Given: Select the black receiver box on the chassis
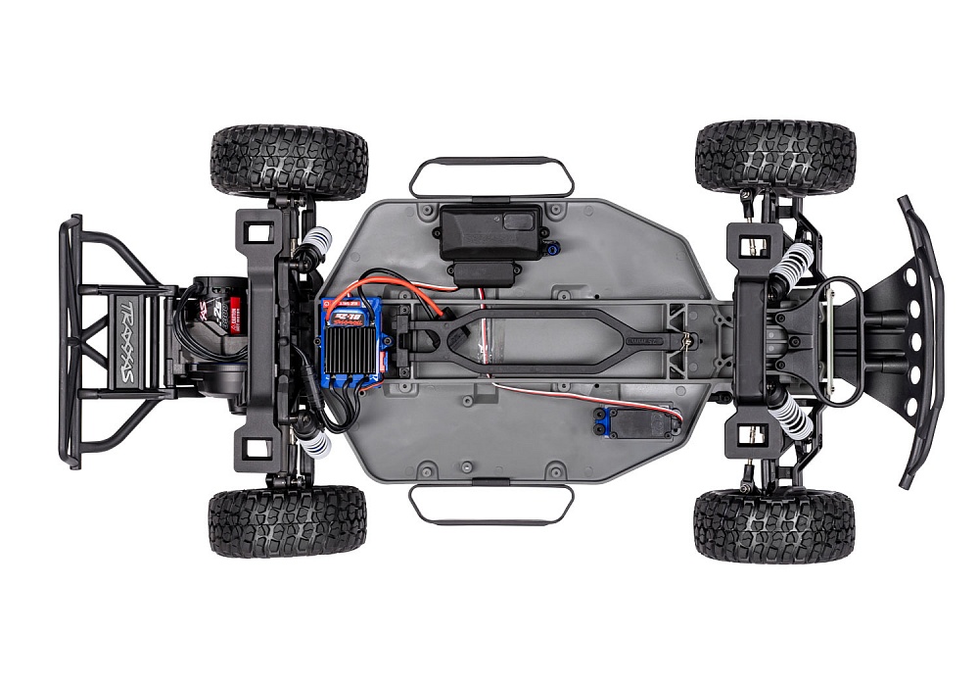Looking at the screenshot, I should [x=490, y=230].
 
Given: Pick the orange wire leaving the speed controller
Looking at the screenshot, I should [x=382, y=285].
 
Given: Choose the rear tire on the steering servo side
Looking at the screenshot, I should [x=288, y=519].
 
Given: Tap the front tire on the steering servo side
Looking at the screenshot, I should [x=773, y=524].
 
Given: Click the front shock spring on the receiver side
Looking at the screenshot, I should [x=794, y=265].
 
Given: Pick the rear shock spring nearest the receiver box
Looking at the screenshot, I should [x=316, y=241].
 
